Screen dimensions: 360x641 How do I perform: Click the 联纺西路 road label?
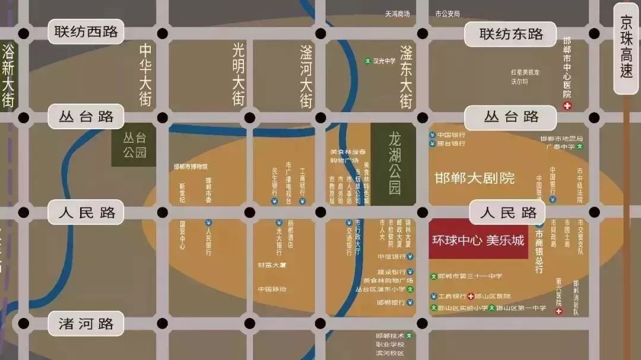86,32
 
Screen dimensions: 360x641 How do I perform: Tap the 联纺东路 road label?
511,34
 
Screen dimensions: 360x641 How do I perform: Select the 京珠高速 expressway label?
626,47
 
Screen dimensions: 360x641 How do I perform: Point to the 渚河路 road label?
86,324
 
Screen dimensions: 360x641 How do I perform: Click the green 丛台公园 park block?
134,145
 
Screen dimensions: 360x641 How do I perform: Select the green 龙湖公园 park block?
394,164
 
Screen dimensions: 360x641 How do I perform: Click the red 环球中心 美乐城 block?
478,241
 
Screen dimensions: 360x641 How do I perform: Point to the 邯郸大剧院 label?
474,178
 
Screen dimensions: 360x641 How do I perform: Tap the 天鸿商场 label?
398,13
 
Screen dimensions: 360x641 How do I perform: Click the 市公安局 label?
447,13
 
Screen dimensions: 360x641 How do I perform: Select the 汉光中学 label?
383,60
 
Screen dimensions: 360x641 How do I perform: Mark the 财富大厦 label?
272,265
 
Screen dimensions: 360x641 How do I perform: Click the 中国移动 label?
272,289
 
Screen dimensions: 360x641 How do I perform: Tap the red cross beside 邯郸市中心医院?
567,106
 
